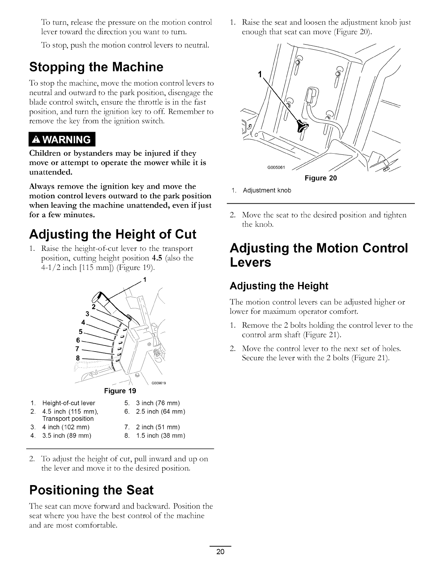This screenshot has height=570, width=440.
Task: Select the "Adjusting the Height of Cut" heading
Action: click(113, 234)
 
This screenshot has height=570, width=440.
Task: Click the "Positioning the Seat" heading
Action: click(91, 490)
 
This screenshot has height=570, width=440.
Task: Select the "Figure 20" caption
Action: click(321, 178)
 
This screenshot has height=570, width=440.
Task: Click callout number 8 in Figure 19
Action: click(77, 358)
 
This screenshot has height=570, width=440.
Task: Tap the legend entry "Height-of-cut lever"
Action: click(69, 403)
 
